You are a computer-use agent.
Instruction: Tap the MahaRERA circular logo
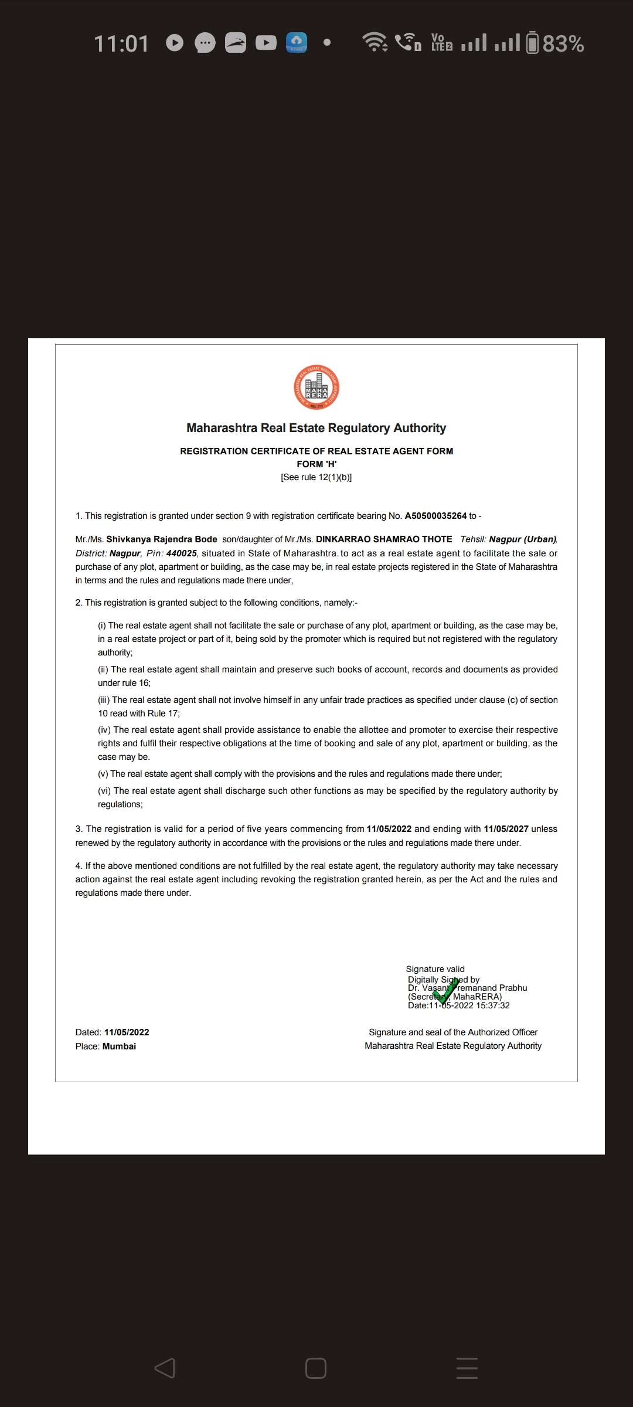[x=316, y=388]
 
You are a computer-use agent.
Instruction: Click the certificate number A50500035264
[x=435, y=516]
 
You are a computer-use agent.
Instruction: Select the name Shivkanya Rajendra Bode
[x=161, y=539]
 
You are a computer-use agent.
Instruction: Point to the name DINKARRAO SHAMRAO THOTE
[x=384, y=539]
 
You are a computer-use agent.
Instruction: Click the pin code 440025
[x=181, y=553]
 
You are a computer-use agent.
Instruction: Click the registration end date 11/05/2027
[x=506, y=829]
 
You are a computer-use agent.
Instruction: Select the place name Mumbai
[x=119, y=1046]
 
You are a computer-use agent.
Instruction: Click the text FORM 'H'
[x=316, y=464]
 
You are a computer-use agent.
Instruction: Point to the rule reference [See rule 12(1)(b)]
[x=316, y=477]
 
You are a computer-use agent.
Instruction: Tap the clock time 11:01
[x=121, y=44]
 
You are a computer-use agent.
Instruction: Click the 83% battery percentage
[x=563, y=44]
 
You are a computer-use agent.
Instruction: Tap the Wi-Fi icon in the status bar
[x=375, y=42]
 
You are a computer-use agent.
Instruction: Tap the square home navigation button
[x=316, y=1368]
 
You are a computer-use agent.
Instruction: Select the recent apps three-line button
[x=467, y=1368]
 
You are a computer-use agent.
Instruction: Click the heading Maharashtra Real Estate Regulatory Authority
[x=316, y=428]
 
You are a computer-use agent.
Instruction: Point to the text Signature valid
[x=435, y=969]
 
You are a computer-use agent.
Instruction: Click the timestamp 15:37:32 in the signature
[x=493, y=1005]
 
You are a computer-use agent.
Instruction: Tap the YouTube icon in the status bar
[x=266, y=43]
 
